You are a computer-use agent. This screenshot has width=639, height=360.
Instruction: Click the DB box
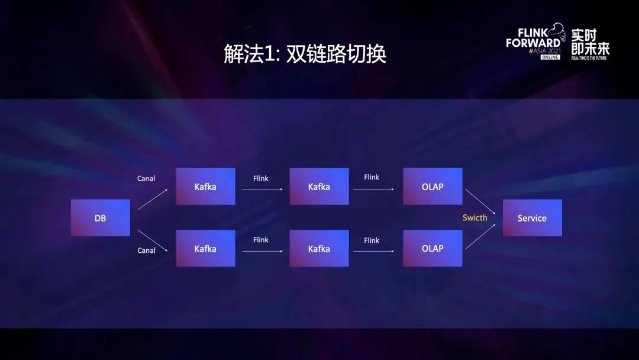tap(100, 218)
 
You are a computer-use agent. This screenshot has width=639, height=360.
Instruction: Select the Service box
tap(532, 218)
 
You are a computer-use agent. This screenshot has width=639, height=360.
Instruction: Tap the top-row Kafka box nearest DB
tap(205, 187)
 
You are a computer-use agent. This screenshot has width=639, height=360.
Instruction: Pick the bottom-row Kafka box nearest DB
tap(205, 248)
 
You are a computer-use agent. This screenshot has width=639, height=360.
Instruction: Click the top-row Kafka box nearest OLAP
tap(319, 187)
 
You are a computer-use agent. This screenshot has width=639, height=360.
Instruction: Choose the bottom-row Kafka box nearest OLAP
tap(319, 248)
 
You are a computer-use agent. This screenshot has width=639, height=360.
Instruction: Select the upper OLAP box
tap(433, 187)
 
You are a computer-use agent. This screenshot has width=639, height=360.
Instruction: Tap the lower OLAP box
tap(433, 248)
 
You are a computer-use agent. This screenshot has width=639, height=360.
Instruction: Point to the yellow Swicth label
tap(475, 218)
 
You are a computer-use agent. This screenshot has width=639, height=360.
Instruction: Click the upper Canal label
tap(146, 179)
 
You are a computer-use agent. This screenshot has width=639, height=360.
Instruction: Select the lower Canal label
tap(146, 250)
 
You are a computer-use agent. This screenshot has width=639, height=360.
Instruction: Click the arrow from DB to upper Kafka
tap(153, 200)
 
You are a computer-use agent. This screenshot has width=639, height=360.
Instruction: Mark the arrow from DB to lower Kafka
tap(153, 240)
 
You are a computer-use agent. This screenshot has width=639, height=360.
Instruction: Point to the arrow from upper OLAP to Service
tap(480, 201)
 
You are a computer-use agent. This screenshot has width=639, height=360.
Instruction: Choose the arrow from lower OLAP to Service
tap(480, 236)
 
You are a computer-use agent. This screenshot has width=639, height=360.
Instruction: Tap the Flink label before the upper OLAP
tap(372, 178)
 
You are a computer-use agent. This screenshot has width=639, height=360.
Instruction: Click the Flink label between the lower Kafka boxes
tap(261, 240)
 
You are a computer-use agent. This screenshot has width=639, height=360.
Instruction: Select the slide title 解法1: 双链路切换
tap(305, 53)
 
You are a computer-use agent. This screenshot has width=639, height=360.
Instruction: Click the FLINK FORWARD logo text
tap(533, 38)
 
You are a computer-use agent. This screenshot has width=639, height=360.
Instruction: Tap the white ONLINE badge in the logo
tap(550, 57)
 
